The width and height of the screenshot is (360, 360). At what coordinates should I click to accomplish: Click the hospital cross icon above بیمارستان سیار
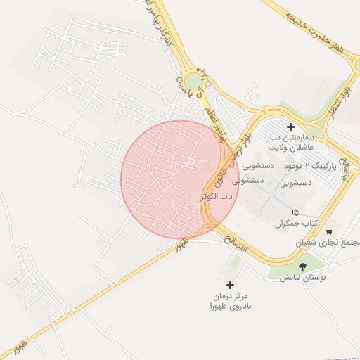(x=290, y=127)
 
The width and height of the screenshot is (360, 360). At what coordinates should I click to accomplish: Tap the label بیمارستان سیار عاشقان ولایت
(x=290, y=144)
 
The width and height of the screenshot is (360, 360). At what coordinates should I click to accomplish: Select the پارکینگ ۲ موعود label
(x=310, y=167)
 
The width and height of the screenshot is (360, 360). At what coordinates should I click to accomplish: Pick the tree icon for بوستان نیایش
(x=302, y=266)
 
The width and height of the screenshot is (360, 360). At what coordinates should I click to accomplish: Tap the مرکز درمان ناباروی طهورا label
(x=229, y=301)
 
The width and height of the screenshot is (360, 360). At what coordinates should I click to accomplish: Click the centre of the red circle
(x=180, y=179)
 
